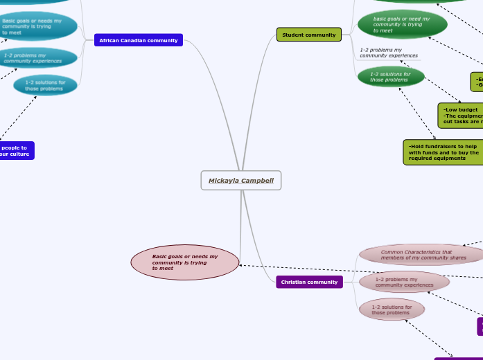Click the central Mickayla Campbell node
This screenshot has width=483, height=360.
click(241, 181)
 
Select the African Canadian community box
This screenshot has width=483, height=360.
click(139, 40)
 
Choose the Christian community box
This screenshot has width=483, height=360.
click(309, 282)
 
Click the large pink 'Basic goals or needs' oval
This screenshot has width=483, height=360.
click(185, 262)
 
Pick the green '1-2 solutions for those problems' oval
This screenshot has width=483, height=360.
click(391, 77)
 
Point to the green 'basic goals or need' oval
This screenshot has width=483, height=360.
click(402, 25)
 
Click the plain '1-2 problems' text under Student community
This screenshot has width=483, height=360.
click(389, 53)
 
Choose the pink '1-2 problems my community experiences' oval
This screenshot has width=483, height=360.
click(404, 282)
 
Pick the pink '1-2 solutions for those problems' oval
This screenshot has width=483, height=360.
click(392, 309)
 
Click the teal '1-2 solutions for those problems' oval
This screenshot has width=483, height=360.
click(45, 85)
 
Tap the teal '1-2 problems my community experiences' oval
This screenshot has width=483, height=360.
click(39, 58)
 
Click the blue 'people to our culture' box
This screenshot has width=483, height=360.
click(15, 150)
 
